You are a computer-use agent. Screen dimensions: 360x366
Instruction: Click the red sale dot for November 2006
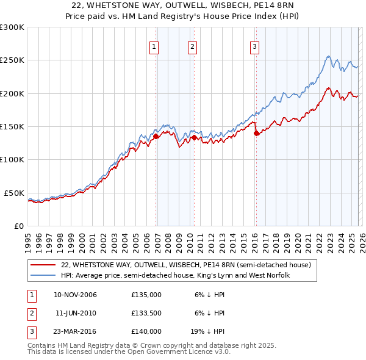click(156, 137)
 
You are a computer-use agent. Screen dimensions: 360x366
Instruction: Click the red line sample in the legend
click(43, 265)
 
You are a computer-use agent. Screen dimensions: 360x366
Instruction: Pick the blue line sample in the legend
click(43, 276)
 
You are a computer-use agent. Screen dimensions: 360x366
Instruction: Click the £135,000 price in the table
click(146, 295)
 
